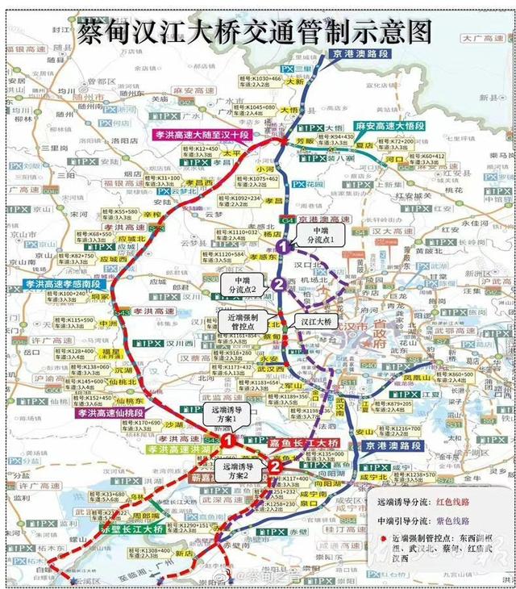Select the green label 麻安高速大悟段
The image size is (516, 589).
click(x=392, y=127)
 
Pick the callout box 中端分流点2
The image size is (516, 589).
click(x=239, y=284)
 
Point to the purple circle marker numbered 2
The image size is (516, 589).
click(x=278, y=283)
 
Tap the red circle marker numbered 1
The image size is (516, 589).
click(x=228, y=441)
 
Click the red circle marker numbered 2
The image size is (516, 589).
click(x=275, y=466)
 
